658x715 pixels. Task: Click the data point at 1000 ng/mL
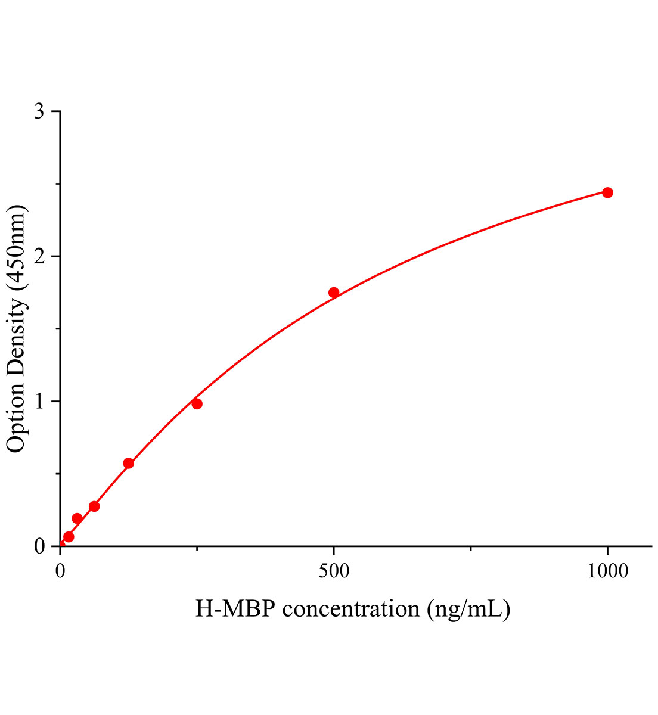coord(607,192)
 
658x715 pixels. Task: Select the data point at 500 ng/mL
coord(334,293)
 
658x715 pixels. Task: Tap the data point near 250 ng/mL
coord(197,404)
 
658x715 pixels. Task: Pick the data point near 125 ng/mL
coord(128,464)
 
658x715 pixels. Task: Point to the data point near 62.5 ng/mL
coord(94,506)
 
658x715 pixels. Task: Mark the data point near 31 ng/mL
coord(77,518)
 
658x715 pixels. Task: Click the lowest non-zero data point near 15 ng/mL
coord(69,537)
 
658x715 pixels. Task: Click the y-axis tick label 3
coord(39,112)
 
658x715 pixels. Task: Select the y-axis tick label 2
coord(39,257)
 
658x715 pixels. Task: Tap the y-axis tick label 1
coord(39,402)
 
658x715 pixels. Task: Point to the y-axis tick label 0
coord(39,546)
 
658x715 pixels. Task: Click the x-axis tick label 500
coord(334,571)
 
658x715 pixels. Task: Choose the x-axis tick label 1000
coord(607,571)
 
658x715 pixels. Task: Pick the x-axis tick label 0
coord(60,571)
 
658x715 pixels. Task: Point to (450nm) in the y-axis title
coord(17,247)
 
